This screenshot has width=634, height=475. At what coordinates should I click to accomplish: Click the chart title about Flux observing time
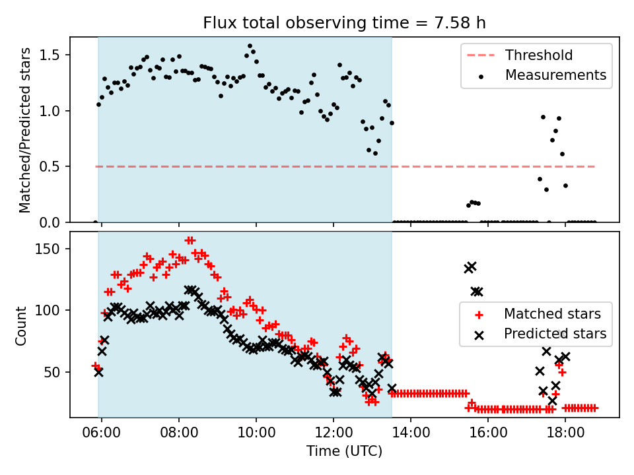pyautogui.click(x=344, y=23)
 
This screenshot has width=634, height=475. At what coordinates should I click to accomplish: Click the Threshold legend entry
pyautogui.click(x=539, y=55)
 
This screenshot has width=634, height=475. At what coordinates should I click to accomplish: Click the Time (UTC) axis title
pyautogui.click(x=344, y=452)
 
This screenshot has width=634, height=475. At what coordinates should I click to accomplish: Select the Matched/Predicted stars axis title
pyautogui.click(x=25, y=130)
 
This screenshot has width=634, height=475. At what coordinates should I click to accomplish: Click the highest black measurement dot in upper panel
pyautogui.click(x=250, y=46)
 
